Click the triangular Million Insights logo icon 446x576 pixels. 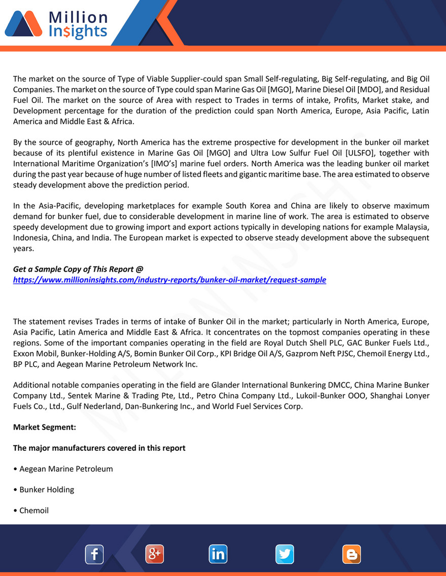[23, 24]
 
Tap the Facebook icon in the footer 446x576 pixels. [94, 554]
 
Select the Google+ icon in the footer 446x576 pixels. [154, 554]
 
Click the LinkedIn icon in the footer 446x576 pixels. [218, 554]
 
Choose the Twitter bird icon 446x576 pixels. [285, 554]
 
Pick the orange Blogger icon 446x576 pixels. [351, 554]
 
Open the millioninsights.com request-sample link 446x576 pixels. [169, 280]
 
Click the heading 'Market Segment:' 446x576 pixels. [45, 427]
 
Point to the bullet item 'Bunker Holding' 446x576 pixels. [47, 489]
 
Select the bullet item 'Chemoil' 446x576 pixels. [34, 510]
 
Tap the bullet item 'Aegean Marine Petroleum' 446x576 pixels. [66, 469]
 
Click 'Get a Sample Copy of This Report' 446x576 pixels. [78, 269]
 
